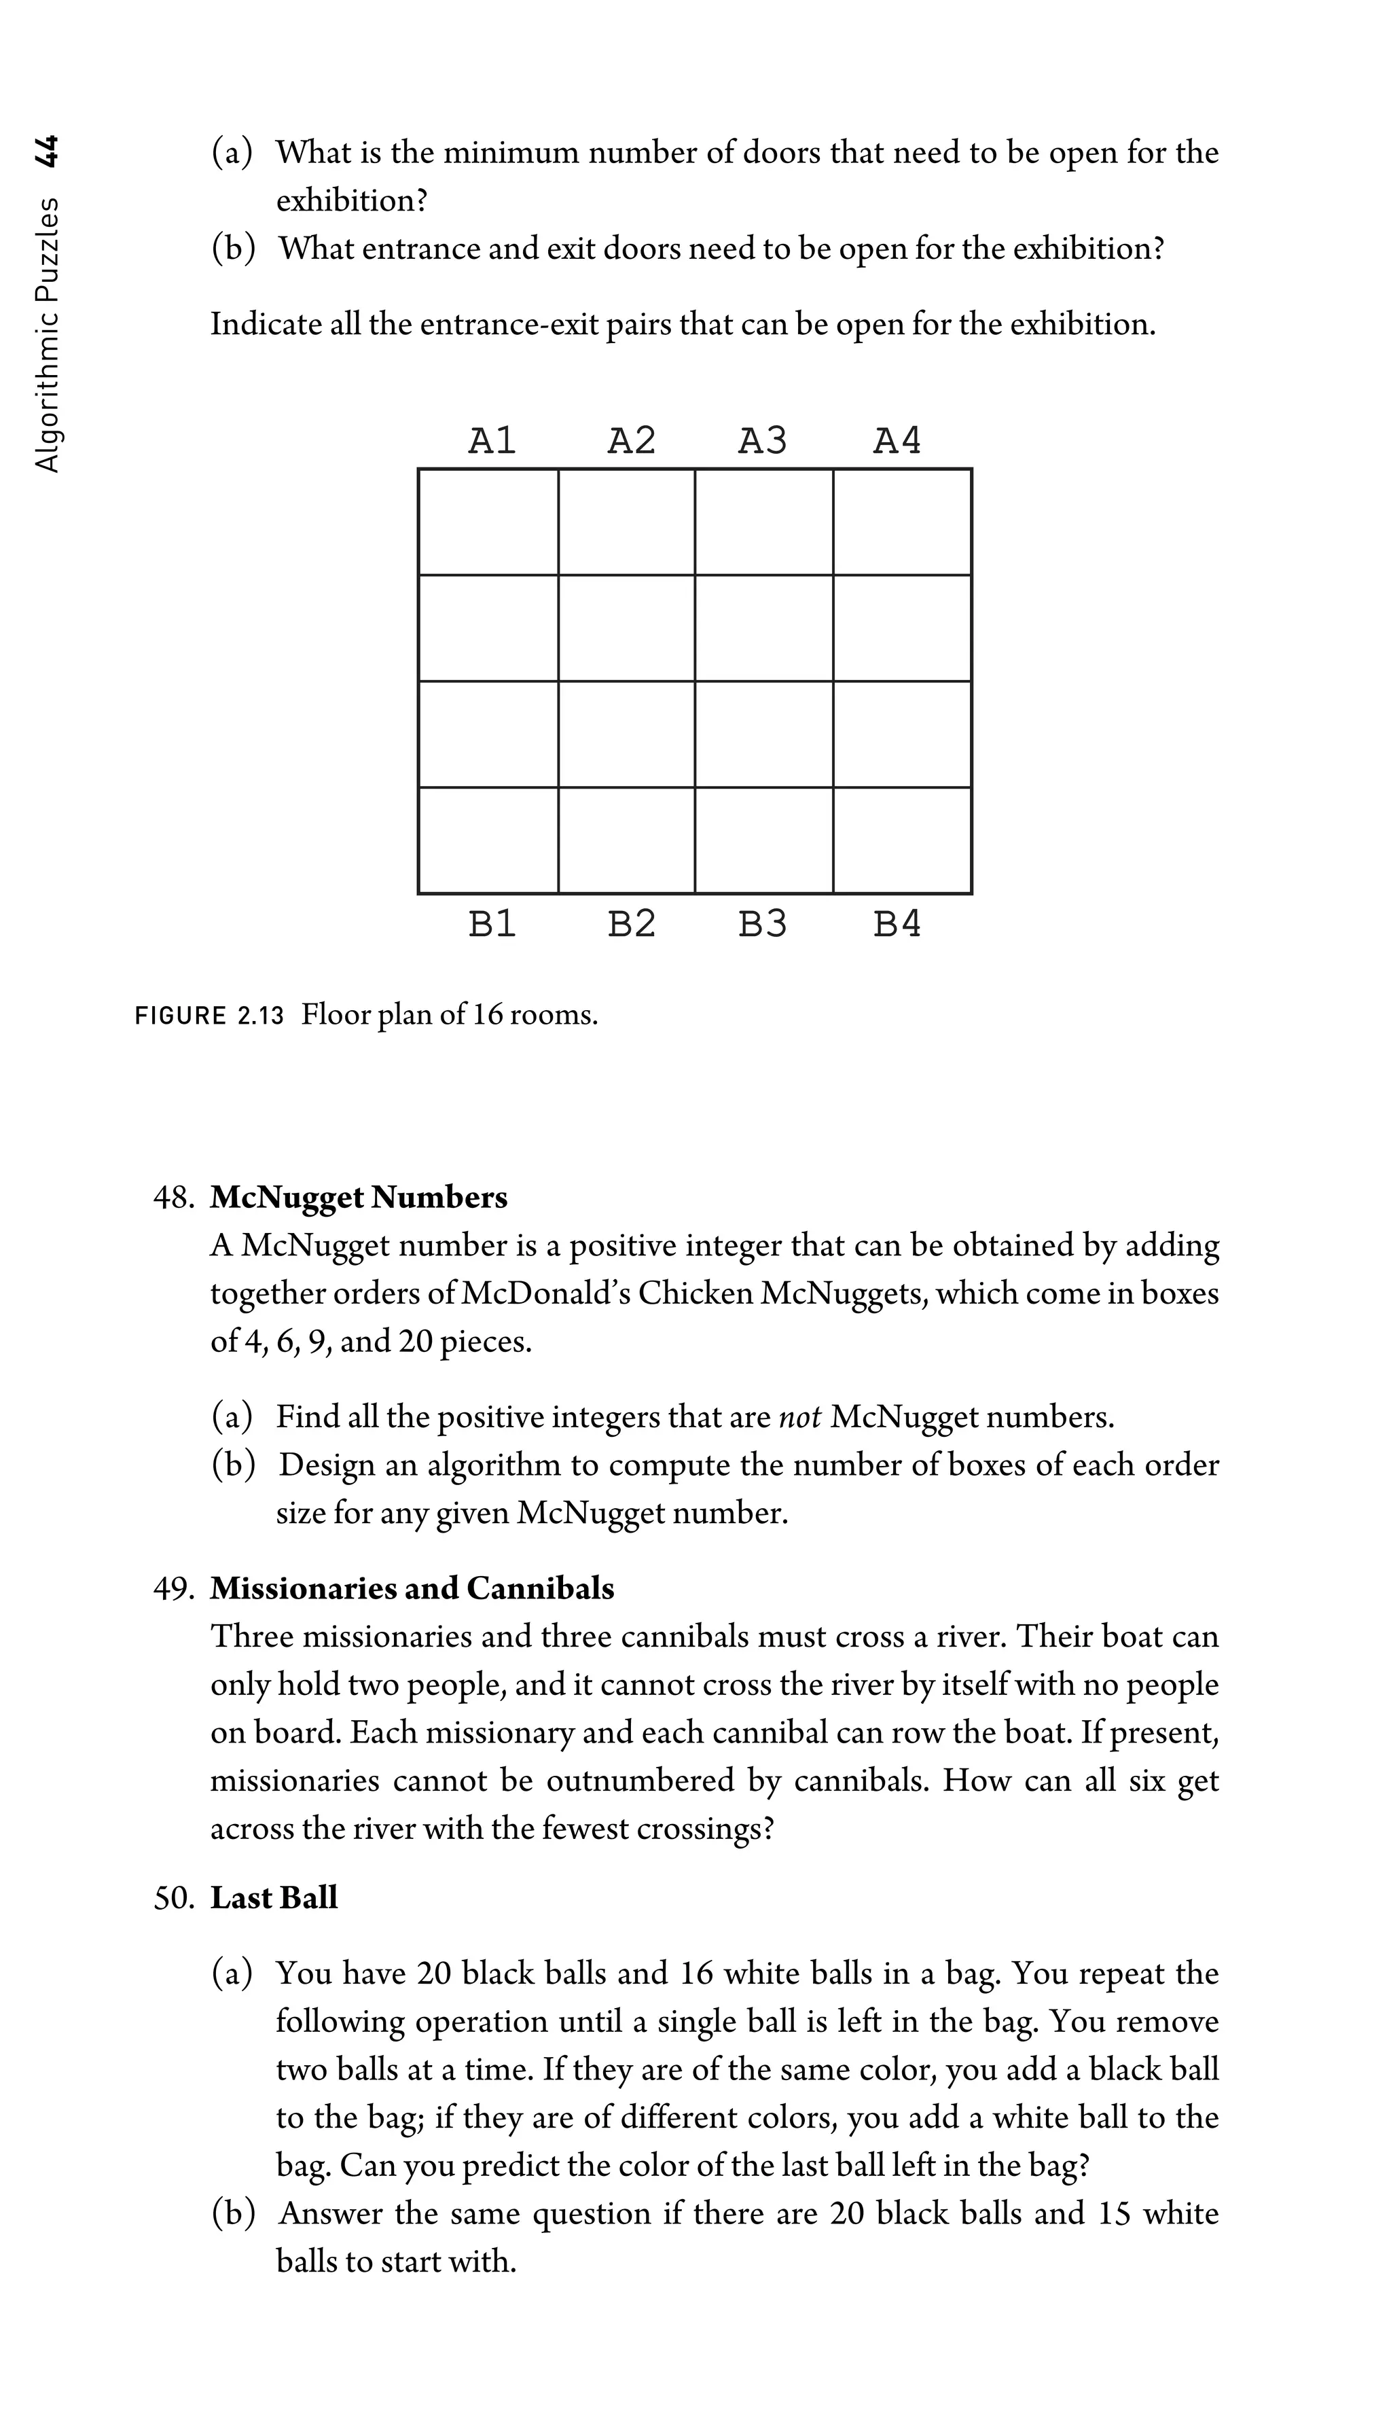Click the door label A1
pyautogui.click(x=492, y=440)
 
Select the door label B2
pyautogui.click(x=632, y=924)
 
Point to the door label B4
pyautogui.click(x=897, y=924)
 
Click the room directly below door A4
pyautogui.click(x=902, y=522)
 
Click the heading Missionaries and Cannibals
pyautogui.click(x=412, y=1588)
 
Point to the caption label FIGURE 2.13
pyautogui.click(x=209, y=1016)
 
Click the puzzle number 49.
pyautogui.click(x=174, y=1588)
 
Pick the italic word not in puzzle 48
pyautogui.click(x=799, y=1416)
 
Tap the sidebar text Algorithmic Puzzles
pyautogui.click(x=46, y=334)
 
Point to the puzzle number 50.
pyautogui.click(x=174, y=1898)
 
